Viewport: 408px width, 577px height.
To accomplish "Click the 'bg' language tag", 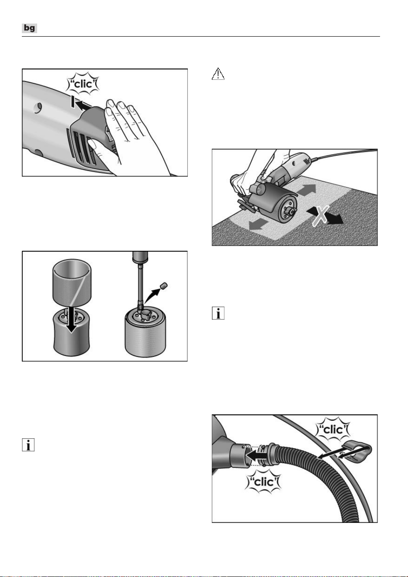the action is pos(29,28).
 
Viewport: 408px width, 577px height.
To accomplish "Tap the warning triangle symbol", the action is pos(218,74).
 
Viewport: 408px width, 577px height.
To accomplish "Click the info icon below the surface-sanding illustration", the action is pos(218,313).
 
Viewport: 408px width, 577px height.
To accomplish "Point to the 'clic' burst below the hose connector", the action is pos(263,481).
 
